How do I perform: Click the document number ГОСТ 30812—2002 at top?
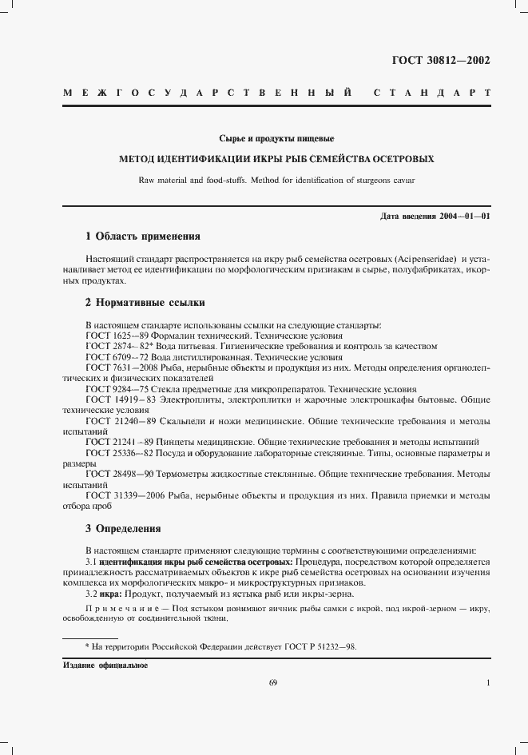click(x=440, y=60)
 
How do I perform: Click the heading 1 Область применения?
click(x=142, y=236)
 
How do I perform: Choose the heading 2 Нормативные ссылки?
click(x=145, y=303)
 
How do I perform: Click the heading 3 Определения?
click(x=123, y=528)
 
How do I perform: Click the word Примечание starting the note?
click(x=113, y=610)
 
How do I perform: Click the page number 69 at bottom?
click(x=272, y=682)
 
